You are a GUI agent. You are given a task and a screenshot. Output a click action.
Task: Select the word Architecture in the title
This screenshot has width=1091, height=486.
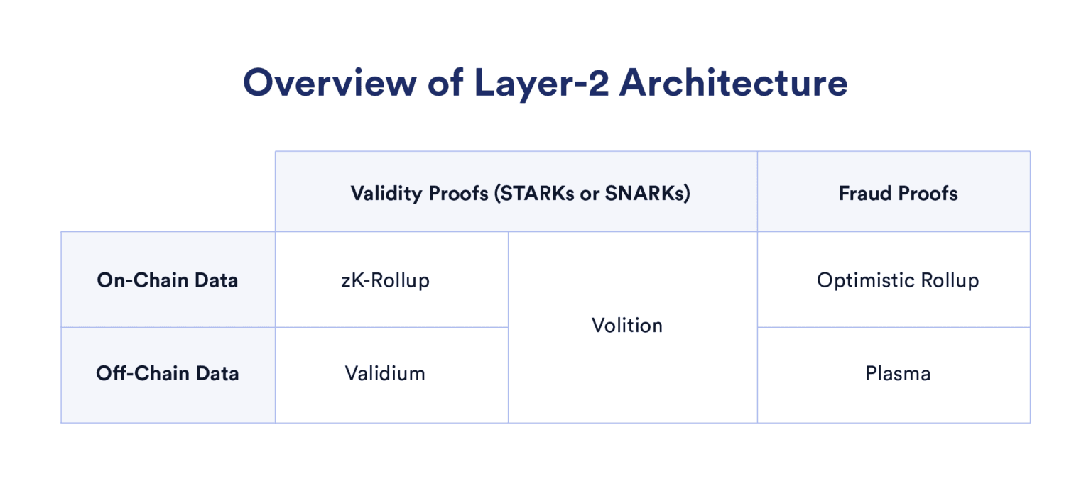point(733,84)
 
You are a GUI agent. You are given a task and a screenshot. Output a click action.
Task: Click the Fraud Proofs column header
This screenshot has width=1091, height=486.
point(898,194)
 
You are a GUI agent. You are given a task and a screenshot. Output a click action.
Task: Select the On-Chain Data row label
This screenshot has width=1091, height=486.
point(168,280)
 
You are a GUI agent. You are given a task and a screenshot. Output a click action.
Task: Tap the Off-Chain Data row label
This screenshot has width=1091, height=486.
point(168,374)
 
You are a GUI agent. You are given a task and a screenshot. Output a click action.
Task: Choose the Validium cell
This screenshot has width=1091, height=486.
point(385,374)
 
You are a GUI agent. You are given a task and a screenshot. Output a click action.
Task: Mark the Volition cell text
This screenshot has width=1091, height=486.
point(627,326)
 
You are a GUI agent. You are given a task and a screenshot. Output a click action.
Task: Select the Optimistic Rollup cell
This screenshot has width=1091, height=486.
point(898,280)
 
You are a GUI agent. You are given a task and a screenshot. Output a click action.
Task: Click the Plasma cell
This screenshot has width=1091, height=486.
point(898,374)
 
